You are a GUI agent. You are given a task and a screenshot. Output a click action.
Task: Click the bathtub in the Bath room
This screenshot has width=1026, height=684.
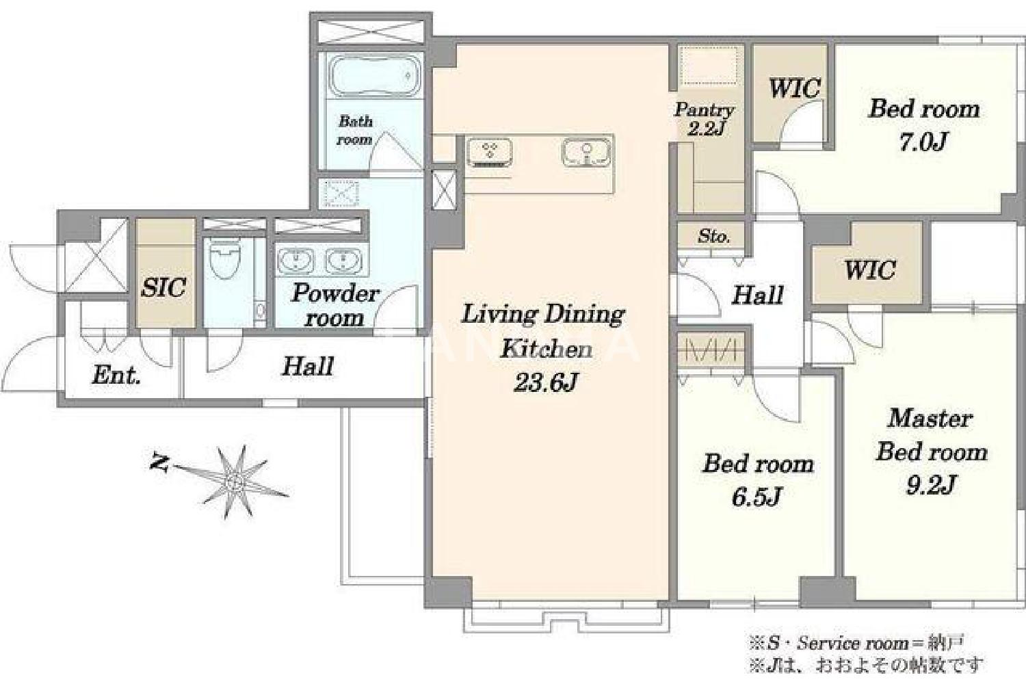coord(376,76)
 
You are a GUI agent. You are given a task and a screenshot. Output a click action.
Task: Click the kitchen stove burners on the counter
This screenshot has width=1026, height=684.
coord(489,153)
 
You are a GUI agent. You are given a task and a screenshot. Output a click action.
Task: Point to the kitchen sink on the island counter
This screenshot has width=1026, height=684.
coord(586,153)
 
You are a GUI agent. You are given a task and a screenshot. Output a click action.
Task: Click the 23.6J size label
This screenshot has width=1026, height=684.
coord(544,382)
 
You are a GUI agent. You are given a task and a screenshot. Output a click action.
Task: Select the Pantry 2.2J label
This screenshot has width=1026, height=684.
coord(705,118)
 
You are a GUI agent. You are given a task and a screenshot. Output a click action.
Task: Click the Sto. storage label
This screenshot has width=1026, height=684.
coord(714,237)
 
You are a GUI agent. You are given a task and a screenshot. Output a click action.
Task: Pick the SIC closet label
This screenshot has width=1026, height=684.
coord(163,287)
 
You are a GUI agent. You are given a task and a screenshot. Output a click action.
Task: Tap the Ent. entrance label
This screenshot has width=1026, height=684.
coord(116,376)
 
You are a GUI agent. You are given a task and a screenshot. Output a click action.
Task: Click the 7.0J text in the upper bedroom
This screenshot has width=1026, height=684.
coord(923,142)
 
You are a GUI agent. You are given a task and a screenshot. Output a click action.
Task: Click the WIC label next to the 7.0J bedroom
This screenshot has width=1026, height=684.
coord(793,88)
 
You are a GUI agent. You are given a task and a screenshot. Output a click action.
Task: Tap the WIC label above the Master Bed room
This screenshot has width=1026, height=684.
coord(870,269)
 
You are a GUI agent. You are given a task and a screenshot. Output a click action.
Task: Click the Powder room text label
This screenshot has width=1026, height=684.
coord(334,304)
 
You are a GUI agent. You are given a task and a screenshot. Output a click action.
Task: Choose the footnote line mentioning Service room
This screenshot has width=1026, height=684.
coord(856,643)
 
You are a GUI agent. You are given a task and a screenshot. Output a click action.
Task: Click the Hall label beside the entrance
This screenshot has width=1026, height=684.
coord(307,366)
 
